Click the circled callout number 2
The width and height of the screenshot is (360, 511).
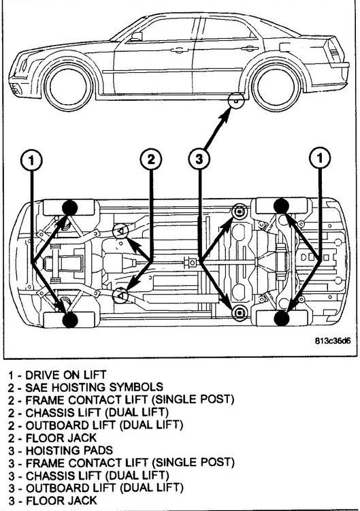pos(151,160)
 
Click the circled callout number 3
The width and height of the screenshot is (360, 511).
pos(199,160)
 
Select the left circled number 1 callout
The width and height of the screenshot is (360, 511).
pos(31,160)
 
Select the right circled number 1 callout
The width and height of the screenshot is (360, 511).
pos(320,159)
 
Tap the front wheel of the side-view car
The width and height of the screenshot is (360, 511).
pos(69,87)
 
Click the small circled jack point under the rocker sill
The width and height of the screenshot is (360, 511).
pos(236,100)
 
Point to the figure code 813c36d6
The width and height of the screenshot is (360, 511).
pos(333,341)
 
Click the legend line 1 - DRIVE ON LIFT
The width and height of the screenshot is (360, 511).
pos(57,375)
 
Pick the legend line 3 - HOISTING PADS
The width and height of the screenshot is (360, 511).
pos(61,450)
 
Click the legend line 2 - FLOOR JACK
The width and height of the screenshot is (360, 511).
pos(53,438)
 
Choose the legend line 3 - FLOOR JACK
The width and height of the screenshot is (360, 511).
pos(53,500)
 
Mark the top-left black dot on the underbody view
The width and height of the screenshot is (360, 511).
pos(69,208)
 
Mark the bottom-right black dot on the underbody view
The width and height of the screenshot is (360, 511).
pos(282,318)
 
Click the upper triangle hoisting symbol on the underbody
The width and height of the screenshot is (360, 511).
pos(120,231)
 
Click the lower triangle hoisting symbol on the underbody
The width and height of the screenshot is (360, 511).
pos(120,295)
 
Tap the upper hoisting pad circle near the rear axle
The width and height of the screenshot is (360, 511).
pos(239,212)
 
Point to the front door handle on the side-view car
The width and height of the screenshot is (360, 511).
pos(179,50)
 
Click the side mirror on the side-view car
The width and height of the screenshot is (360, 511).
pos(137,36)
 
